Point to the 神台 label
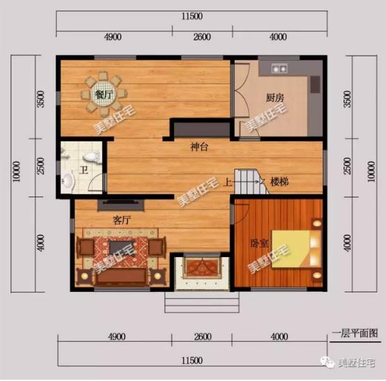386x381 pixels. click(201, 148)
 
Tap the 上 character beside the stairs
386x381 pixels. click(228, 182)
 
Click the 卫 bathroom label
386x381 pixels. click(82, 169)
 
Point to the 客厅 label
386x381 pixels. click(122, 219)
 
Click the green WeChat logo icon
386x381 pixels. click(327, 361)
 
